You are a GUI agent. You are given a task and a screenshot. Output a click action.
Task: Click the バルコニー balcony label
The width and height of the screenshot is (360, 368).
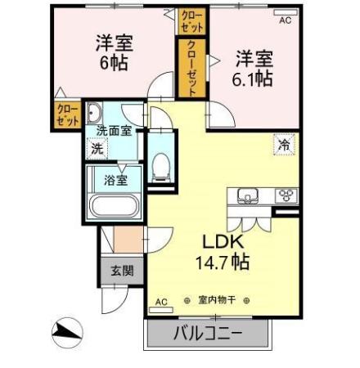click(x=208, y=333)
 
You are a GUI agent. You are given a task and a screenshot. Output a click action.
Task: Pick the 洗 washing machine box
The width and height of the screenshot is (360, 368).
click(x=97, y=149)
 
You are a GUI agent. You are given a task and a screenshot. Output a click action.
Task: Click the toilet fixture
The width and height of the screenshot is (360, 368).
click(x=160, y=168)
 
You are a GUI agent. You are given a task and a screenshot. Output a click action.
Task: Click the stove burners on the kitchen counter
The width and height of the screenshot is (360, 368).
click(x=286, y=195)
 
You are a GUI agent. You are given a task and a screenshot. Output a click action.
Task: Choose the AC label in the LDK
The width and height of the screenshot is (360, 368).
click(x=161, y=301)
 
